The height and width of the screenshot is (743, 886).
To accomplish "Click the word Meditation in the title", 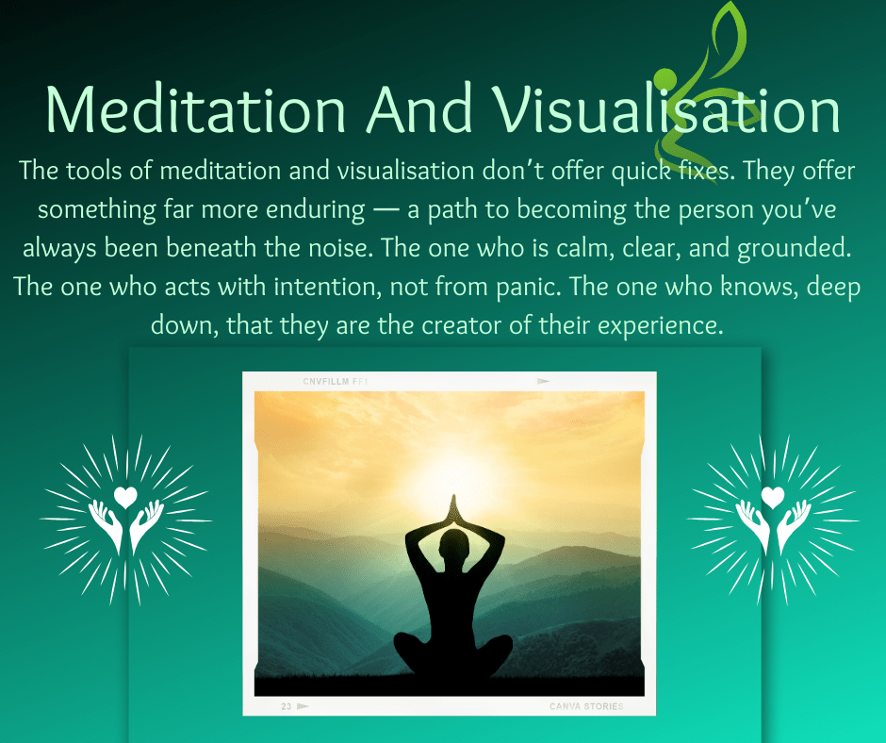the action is click(195, 109).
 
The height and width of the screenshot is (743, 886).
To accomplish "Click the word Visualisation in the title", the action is click(666, 108).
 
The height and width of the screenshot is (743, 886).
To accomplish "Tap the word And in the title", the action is click(418, 108).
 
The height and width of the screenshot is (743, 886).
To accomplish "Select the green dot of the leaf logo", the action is click(665, 79).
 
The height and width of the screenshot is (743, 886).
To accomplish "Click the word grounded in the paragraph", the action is click(794, 249).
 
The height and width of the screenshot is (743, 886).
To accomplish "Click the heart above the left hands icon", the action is click(125, 497).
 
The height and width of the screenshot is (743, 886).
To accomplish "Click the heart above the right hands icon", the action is click(773, 497).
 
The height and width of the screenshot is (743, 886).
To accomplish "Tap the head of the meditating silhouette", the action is click(454, 546).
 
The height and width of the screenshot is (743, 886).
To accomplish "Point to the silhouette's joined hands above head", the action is click(453, 509).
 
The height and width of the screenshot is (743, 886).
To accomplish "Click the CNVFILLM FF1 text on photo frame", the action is click(335, 382).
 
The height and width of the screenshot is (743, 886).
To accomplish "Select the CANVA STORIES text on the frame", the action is click(586, 706).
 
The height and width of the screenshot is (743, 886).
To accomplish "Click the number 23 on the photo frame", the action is click(287, 706).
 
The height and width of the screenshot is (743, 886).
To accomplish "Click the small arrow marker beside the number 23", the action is click(303, 706).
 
